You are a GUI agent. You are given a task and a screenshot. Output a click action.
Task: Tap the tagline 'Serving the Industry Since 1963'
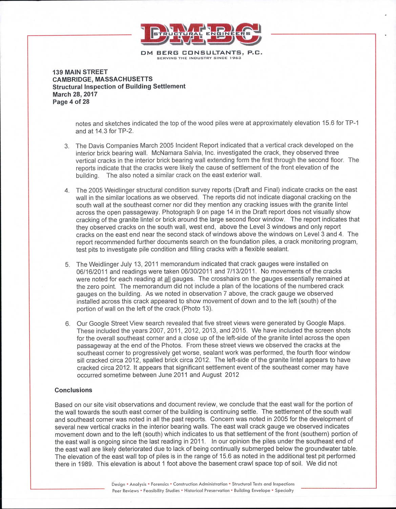[199, 58]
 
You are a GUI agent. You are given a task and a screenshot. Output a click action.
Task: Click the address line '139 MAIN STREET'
[80, 72]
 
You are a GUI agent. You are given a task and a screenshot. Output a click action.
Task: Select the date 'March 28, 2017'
[75, 94]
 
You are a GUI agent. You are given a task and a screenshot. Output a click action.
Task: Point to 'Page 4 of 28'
[71, 101]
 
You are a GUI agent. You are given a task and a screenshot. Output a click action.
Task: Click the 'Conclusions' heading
[74, 390]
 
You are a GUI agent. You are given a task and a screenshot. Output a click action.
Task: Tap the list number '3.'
[67, 146]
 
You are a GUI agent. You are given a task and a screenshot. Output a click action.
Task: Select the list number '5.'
[67, 265]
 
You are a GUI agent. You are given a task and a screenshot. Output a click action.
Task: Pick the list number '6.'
[68, 324]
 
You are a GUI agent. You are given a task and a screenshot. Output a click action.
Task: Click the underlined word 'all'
[167, 279]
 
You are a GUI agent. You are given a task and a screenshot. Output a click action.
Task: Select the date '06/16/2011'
[92, 271]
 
